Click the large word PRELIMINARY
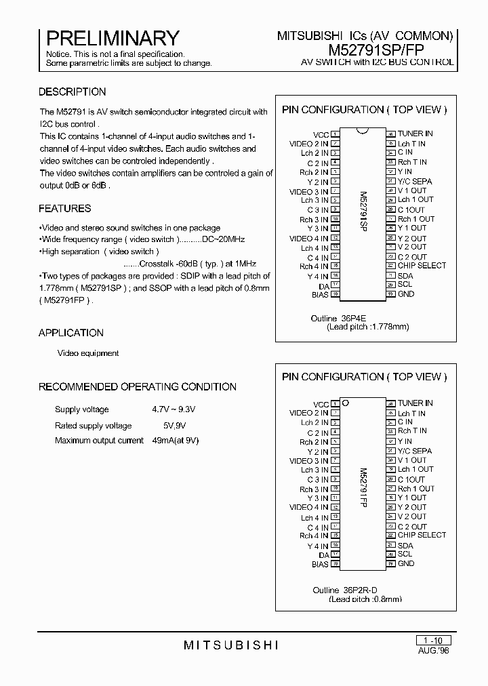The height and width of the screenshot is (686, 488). point(113,38)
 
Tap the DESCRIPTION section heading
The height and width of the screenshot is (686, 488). point(72,92)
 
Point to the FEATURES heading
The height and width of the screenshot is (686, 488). point(64,208)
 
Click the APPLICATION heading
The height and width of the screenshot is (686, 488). point(71,333)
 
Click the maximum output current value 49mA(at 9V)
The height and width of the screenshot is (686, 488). point(176,441)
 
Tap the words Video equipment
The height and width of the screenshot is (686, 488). point(88,353)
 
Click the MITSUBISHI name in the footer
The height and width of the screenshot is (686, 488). point(231,645)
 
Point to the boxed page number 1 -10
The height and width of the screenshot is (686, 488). point(432,640)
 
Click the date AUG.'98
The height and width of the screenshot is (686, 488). point(433,649)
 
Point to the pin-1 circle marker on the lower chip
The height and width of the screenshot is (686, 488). point(345,403)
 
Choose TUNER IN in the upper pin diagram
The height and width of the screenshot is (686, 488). point(415,134)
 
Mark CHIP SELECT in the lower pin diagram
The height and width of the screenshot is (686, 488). point(422,535)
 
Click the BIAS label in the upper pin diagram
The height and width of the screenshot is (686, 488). point(320,294)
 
